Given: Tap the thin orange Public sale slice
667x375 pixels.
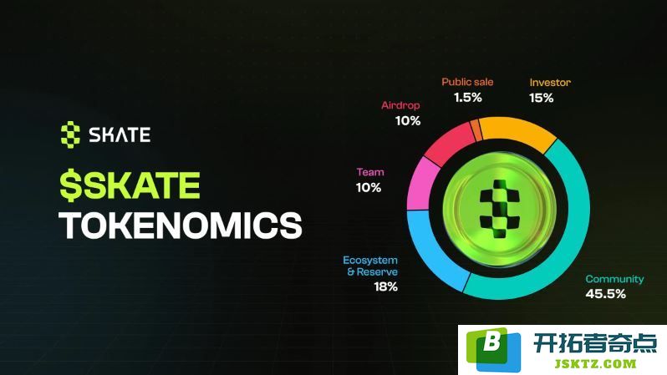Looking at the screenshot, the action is pos(476,130).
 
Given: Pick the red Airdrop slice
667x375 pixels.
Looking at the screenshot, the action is pos(449,144).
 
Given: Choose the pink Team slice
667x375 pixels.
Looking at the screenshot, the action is pos(421,184).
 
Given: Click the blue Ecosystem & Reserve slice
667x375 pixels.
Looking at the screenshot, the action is pos(434,251).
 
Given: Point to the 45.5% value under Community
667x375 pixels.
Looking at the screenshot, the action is pos(605,294).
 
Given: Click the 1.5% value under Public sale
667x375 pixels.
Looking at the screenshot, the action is pos(467,98).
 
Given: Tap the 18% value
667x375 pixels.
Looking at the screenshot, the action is pos(385,287).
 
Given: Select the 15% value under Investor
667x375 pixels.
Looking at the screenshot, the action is pos(541,99).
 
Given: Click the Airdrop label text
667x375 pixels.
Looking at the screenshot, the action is pos(400,105).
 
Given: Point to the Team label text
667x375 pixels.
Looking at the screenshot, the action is pos(370,172).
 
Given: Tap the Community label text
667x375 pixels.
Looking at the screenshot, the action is pos(614,279).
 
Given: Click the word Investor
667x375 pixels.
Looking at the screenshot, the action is pos(550,83).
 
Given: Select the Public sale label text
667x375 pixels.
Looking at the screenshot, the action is pos(467,82).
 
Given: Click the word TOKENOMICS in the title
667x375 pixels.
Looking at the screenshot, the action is pos(181,225).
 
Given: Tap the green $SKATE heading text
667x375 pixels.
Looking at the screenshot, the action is pos(130,185).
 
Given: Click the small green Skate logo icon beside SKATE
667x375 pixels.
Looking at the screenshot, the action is pos(70,134).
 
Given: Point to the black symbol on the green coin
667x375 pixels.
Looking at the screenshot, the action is pos(499,209).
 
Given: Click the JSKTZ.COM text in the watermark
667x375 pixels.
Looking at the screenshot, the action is pos(595,364).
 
